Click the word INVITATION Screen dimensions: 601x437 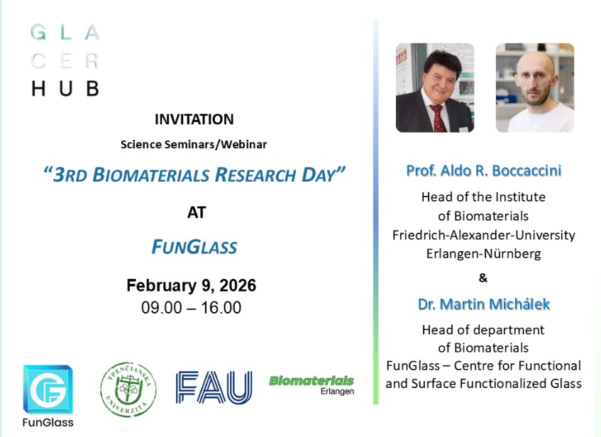194,120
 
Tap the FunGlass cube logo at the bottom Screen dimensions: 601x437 48,389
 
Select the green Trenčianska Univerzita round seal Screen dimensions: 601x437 128,389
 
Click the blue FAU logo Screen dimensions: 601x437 214,387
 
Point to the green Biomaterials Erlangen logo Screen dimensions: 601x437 311,385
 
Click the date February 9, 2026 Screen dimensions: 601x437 192,286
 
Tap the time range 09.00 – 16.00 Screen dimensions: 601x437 192,307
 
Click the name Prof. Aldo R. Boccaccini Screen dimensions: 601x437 484,170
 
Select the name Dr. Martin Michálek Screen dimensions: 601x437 484,304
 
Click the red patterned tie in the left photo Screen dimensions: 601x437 438,118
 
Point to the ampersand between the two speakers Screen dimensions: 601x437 483,277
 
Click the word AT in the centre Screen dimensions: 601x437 197,212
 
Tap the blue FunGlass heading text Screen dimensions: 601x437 194,246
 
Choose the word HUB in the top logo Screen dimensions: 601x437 65,88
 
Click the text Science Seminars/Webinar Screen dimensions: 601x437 194,145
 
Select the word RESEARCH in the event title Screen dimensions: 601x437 255,175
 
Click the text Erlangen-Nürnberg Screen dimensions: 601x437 483,254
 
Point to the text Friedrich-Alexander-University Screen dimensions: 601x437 483,235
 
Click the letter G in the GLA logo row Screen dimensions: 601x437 38,32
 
